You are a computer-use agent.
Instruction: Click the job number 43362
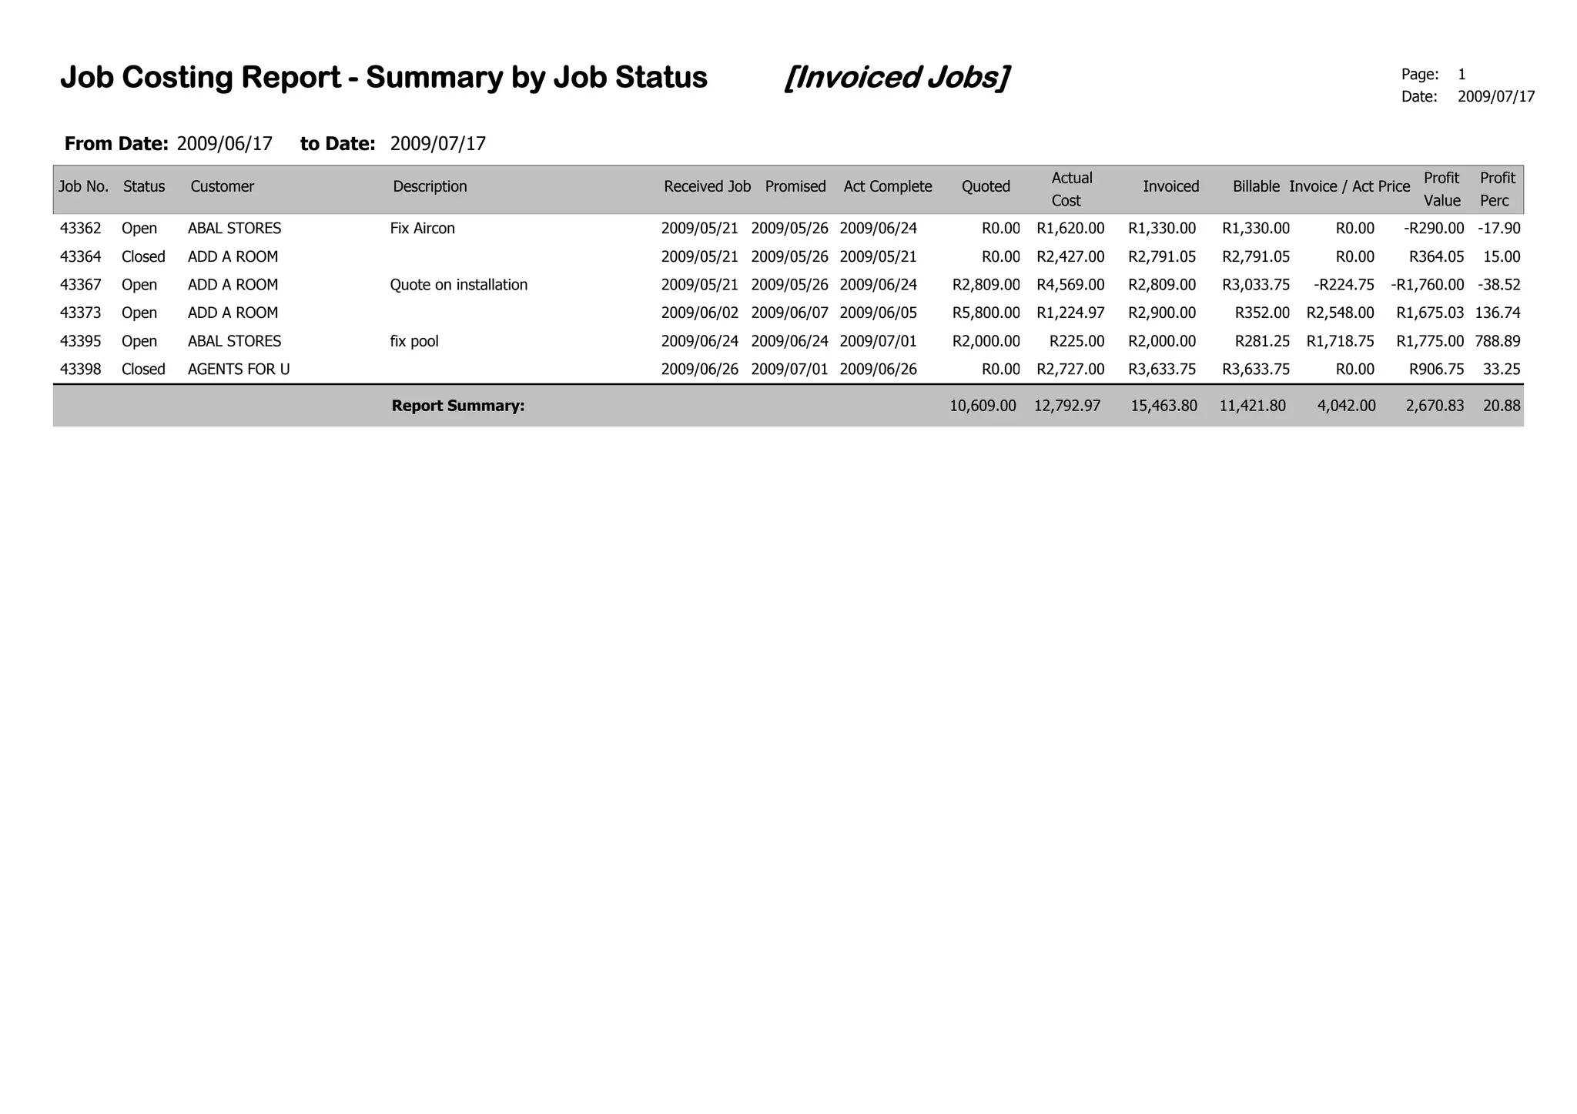tap(80, 229)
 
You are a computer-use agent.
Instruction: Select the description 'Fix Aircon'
tap(422, 229)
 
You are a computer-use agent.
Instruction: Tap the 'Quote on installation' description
tap(458, 285)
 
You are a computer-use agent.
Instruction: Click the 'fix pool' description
tap(414, 341)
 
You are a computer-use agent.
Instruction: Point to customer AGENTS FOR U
tap(239, 370)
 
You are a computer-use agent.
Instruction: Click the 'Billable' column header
tap(1255, 186)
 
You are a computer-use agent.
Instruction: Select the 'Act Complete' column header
tap(887, 186)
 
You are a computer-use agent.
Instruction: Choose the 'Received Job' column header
tap(707, 186)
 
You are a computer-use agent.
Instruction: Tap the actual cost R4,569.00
tap(1070, 285)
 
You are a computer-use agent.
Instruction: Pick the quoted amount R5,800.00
tap(986, 313)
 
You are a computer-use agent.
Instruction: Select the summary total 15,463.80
tap(1163, 406)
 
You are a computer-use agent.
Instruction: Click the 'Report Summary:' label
tap(457, 406)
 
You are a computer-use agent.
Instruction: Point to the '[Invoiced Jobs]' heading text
tap(896, 78)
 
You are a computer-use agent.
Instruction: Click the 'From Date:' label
tap(116, 144)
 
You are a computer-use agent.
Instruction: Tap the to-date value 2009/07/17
tap(437, 144)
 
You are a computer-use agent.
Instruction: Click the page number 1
tap(1461, 75)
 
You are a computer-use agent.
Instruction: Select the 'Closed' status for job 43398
tap(143, 370)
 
